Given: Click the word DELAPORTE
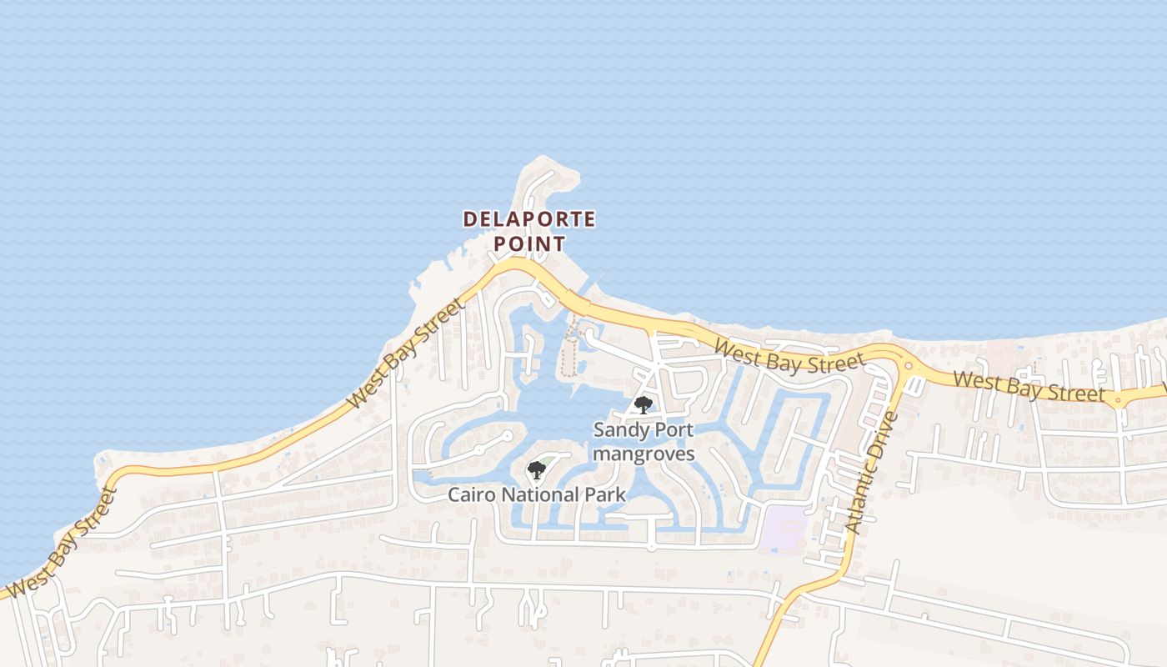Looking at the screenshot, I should [x=529, y=219].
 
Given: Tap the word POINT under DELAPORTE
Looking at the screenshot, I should [x=529, y=244].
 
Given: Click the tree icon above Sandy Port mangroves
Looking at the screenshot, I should [x=643, y=405].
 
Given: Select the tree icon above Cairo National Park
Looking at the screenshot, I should [x=537, y=470].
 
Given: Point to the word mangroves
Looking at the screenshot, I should [x=644, y=454].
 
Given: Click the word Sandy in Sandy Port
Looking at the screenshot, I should [x=619, y=430].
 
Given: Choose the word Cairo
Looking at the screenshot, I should [x=472, y=494].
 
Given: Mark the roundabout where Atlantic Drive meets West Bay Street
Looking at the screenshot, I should [x=909, y=365].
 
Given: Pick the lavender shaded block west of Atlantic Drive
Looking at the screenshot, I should [x=782, y=528].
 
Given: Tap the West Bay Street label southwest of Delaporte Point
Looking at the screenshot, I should [x=406, y=354].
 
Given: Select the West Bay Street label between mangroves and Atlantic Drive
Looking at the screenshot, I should [x=789, y=356].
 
